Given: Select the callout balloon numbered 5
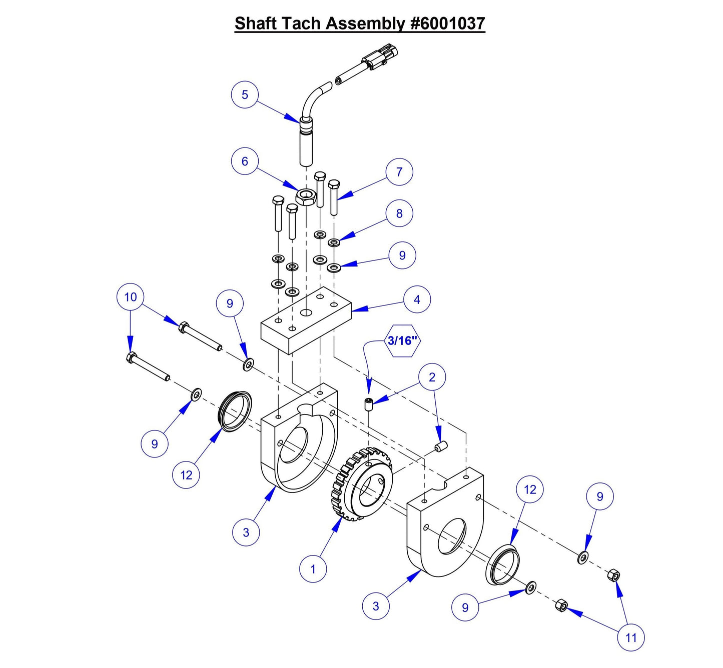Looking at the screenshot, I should click(x=245, y=94).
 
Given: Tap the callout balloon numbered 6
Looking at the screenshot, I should click(x=245, y=161).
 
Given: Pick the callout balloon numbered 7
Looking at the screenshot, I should click(x=399, y=172).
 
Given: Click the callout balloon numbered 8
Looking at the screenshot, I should click(x=399, y=213).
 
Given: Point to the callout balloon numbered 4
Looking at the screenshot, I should click(x=417, y=299).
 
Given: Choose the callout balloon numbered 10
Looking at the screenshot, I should click(x=131, y=297).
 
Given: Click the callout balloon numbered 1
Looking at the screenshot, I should click(x=313, y=569).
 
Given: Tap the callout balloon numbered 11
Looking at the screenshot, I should click(x=631, y=637).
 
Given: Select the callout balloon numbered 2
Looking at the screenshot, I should click(x=432, y=377).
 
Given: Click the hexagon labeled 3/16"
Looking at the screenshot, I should click(x=402, y=341).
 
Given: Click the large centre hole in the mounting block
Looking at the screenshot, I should click(x=306, y=312).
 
